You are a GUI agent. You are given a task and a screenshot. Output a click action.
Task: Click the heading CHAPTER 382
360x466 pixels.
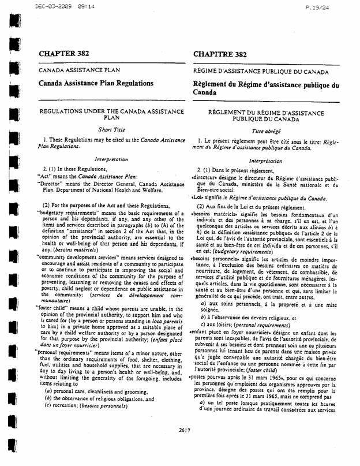(x=64, y=53)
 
